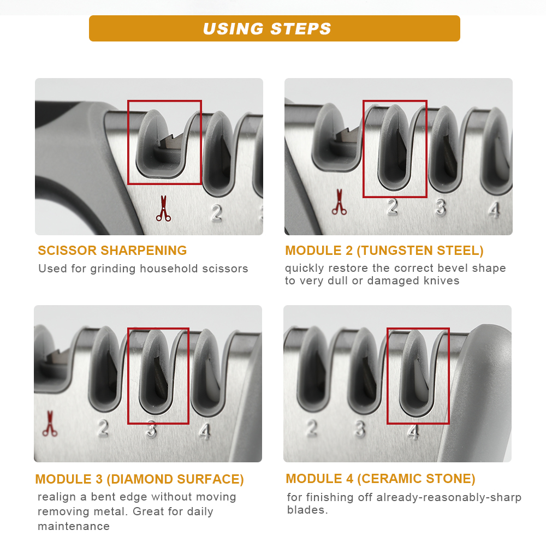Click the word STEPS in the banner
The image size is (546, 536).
pos(300,28)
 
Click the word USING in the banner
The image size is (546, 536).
pos(234,28)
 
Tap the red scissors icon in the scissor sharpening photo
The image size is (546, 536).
pos(163,209)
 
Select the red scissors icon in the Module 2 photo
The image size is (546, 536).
pos(339,202)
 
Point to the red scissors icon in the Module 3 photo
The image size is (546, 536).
pos(50,424)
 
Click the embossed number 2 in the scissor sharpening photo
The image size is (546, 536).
pos(217,213)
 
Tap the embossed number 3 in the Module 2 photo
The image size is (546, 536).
pos(441,207)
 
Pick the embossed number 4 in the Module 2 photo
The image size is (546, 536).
pos(494,210)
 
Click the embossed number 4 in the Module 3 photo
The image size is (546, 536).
pos(205,431)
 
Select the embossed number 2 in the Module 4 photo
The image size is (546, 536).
pos(312,428)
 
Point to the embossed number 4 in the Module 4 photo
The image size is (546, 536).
pos(413,432)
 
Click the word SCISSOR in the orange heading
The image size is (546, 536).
pos(67,250)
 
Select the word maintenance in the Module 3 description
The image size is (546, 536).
pos(74,526)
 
